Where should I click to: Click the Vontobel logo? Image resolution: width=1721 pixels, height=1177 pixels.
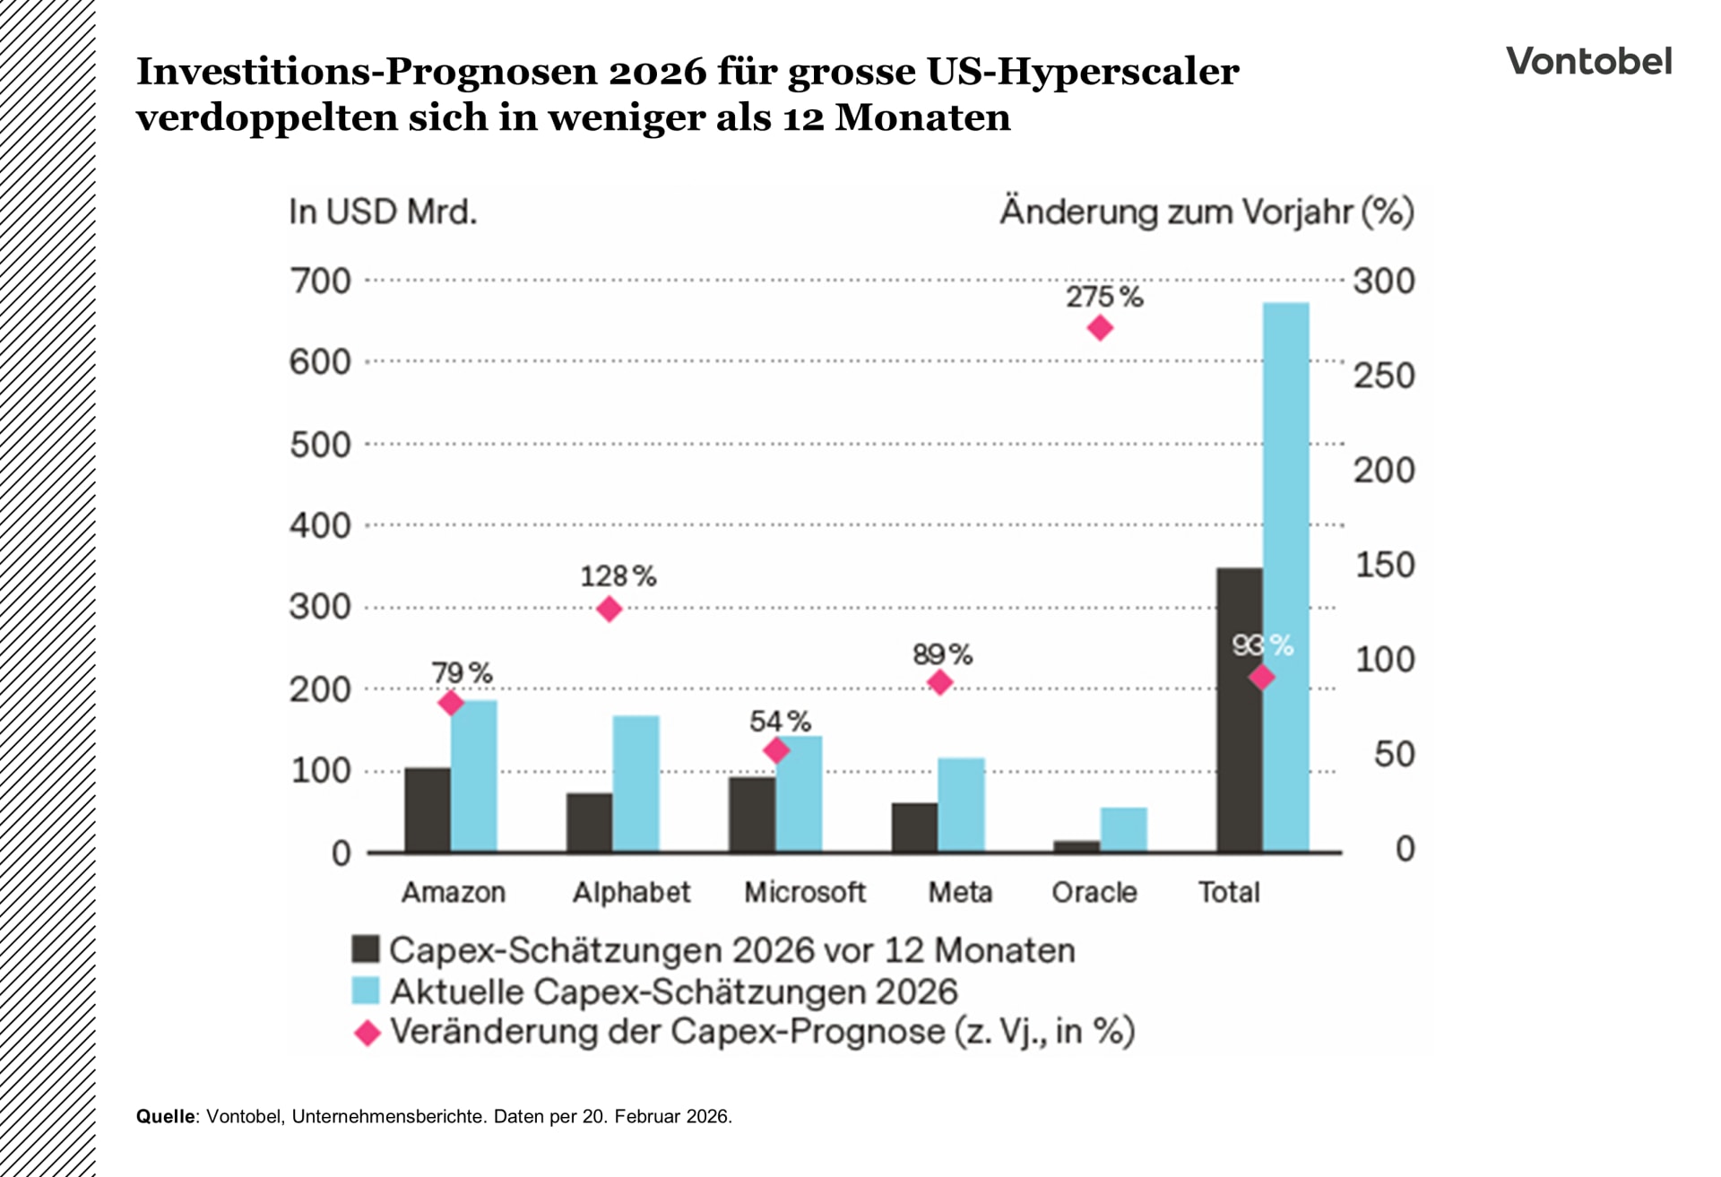pyautogui.click(x=1588, y=61)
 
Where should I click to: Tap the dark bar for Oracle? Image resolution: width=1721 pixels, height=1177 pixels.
pyautogui.click(x=1077, y=845)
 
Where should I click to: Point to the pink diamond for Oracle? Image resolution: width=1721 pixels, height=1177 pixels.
pyautogui.click(x=1100, y=328)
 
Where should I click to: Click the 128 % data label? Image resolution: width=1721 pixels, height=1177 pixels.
pyautogui.click(x=618, y=576)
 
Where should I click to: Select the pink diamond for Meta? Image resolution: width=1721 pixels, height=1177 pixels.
pyautogui.click(x=939, y=683)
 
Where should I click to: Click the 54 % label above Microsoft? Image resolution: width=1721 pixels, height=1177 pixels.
pyautogui.click(x=780, y=721)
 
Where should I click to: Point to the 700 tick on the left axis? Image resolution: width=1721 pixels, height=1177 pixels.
pyautogui.click(x=320, y=281)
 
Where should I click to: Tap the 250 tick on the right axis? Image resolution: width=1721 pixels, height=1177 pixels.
pyautogui.click(x=1383, y=376)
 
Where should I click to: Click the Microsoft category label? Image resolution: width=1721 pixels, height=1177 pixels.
pyautogui.click(x=804, y=892)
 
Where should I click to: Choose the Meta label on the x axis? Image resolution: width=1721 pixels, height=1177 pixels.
pyautogui.click(x=959, y=892)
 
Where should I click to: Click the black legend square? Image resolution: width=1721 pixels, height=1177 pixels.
pyautogui.click(x=366, y=949)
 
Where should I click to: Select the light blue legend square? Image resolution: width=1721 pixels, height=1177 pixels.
pyautogui.click(x=366, y=991)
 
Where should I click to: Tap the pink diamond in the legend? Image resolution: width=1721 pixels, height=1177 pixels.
pyautogui.click(x=368, y=1033)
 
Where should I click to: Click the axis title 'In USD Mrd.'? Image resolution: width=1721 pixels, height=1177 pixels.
pyautogui.click(x=383, y=212)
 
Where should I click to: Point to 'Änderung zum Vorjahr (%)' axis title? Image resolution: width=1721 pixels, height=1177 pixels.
pyautogui.click(x=1206, y=212)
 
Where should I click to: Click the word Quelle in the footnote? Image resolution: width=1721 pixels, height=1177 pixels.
pyautogui.click(x=166, y=1117)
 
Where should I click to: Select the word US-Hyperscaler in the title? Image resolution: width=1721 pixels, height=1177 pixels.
pyautogui.click(x=1083, y=72)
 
